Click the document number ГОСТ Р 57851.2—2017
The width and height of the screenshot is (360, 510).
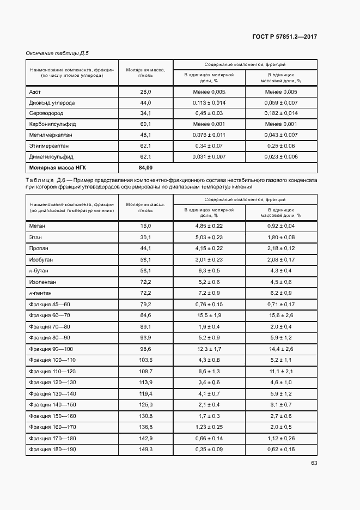point(285,37)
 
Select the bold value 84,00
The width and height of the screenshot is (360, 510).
point(145,167)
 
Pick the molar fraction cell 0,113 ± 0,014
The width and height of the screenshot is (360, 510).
point(209,102)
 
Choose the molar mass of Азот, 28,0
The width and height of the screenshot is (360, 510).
point(145,92)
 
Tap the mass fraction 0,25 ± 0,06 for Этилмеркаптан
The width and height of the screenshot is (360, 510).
point(282,145)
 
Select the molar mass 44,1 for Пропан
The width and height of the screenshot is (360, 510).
point(145,248)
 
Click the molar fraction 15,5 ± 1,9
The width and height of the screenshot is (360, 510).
point(209,315)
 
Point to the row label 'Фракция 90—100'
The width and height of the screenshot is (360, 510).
point(51,349)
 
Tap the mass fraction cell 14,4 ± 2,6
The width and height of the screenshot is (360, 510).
point(282,349)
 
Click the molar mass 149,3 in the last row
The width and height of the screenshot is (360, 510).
point(145,449)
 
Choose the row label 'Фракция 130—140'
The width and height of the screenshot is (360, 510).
point(52,393)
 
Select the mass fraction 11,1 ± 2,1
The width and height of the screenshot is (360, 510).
point(282,371)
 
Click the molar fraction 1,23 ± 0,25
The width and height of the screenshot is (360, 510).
point(209,427)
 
